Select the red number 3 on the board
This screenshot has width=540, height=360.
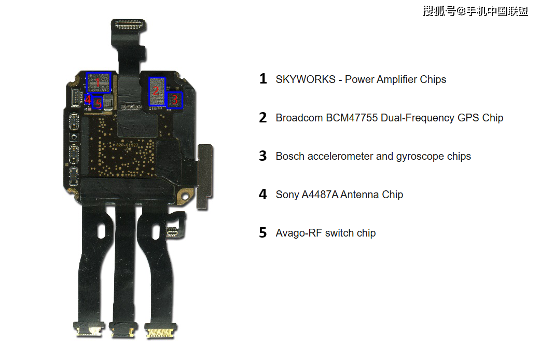pos(175,99)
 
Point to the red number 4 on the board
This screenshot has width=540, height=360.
pos(88,99)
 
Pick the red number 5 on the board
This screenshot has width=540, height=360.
pos(99,104)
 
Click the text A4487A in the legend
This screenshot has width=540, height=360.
pos(320,195)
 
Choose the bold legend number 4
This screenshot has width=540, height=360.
pos(263,195)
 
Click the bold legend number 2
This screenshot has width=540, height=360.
pos(263,118)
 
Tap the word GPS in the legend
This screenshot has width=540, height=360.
pos(467,118)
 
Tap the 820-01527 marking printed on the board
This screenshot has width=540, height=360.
pos(128,145)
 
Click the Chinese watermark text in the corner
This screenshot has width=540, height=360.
pos(475,11)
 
